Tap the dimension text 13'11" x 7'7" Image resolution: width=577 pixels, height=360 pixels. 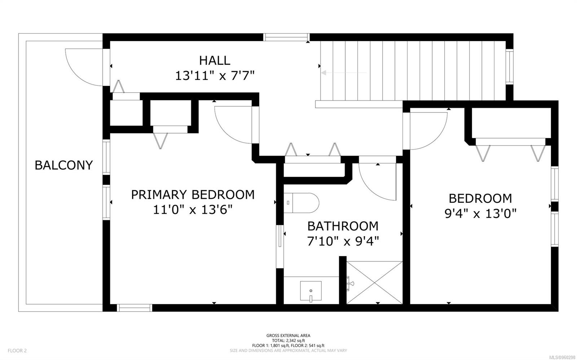click(x=215, y=76)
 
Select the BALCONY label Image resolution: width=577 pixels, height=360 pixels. click(x=64, y=165)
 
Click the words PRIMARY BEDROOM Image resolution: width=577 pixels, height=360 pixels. click(x=193, y=195)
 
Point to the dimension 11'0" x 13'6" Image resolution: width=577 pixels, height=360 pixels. click(x=193, y=210)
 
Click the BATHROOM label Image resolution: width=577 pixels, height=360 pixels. click(x=343, y=226)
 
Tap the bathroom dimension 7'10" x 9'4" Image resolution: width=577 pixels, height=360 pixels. click(x=343, y=241)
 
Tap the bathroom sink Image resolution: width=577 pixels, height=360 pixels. click(x=310, y=291)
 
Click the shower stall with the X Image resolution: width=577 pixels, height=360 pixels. click(x=374, y=282)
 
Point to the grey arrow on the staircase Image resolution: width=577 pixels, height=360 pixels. click(x=343, y=73)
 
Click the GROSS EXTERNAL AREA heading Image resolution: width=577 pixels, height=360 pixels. click(x=288, y=335)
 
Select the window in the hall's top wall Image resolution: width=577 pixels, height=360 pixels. click(x=286, y=37)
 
